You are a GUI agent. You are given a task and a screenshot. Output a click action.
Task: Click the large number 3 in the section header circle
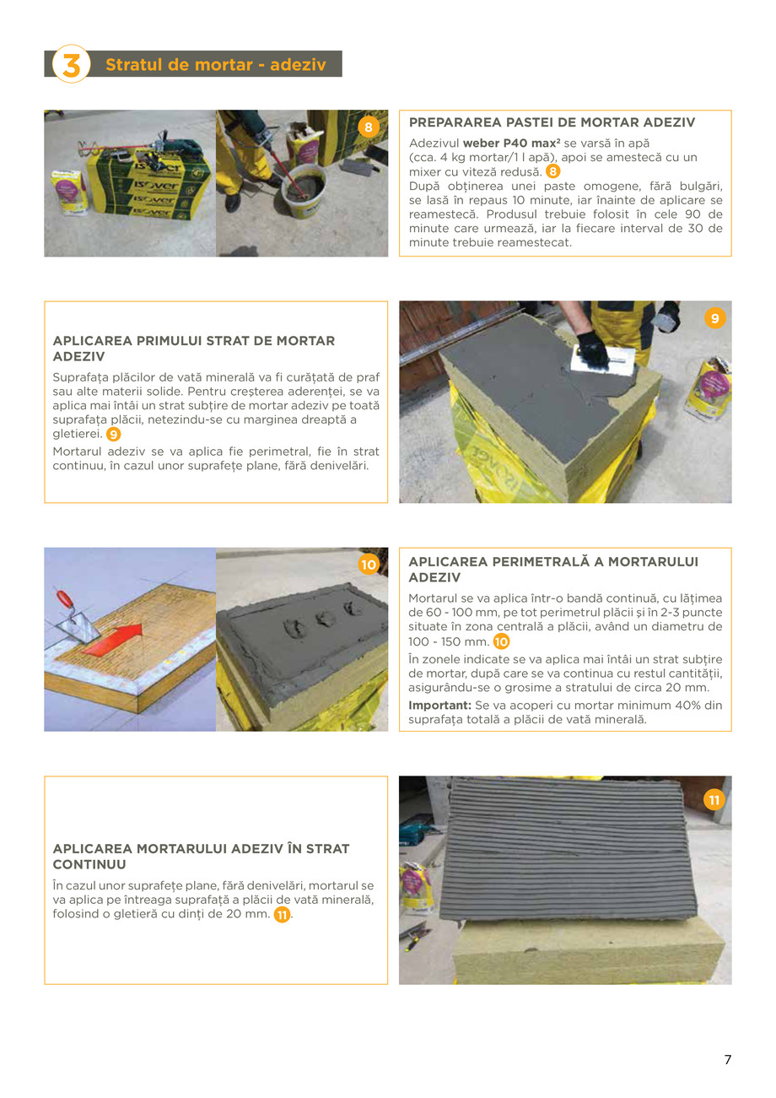pyautogui.click(x=71, y=64)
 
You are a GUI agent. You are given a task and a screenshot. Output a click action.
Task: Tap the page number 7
pyautogui.click(x=727, y=1060)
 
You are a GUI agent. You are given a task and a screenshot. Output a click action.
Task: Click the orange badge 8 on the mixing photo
pyautogui.click(x=369, y=127)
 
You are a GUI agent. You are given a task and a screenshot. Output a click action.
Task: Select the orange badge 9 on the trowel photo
pyautogui.click(x=714, y=318)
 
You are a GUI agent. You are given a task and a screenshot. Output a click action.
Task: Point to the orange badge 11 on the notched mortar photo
pyautogui.click(x=714, y=799)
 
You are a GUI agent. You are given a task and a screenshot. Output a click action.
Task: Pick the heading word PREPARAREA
pyautogui.click(x=449, y=122)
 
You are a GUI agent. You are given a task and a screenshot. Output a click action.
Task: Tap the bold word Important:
pyautogui.click(x=439, y=705)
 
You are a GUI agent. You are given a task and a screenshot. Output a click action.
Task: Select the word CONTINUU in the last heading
pyautogui.click(x=89, y=864)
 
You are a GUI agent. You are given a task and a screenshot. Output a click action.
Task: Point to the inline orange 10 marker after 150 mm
pyautogui.click(x=501, y=642)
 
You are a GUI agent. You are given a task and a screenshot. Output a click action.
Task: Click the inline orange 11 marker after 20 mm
pyautogui.click(x=282, y=915)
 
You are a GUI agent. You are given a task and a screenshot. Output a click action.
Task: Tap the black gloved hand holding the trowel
pyautogui.click(x=593, y=347)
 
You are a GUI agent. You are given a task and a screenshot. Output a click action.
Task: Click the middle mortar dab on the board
pyautogui.click(x=326, y=619)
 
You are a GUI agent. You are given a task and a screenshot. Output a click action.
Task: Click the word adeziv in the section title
pyautogui.click(x=298, y=65)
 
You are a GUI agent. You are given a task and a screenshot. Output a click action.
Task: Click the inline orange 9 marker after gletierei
pyautogui.click(x=113, y=434)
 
